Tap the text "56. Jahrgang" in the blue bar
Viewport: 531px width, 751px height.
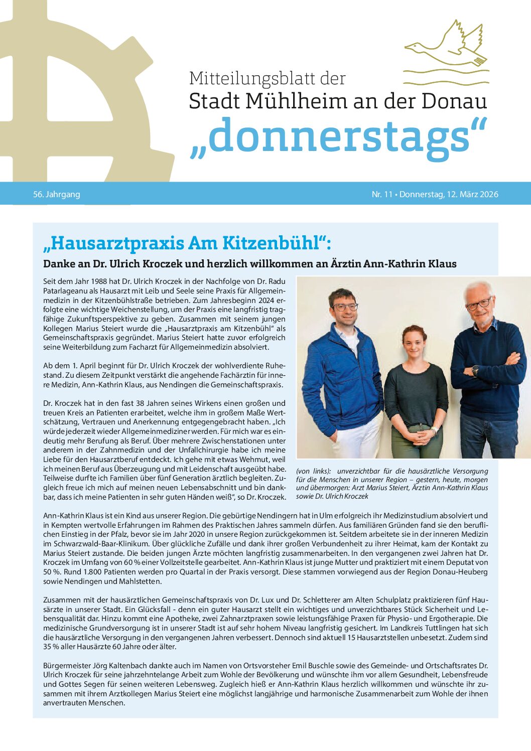coord(57,194)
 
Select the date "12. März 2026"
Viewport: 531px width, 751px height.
coord(472,194)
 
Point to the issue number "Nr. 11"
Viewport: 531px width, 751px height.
coord(382,194)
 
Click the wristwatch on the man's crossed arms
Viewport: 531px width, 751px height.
coord(475,371)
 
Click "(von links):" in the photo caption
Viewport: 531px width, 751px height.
coord(314,471)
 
